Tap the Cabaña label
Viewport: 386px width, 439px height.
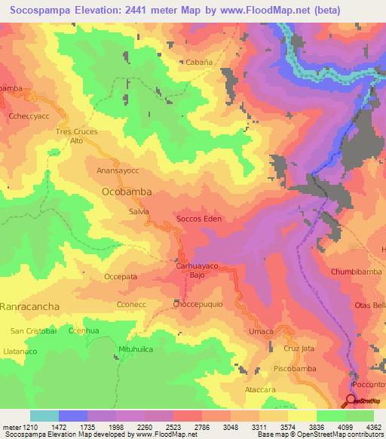pos(190,63)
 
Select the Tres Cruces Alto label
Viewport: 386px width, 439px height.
pos(76,136)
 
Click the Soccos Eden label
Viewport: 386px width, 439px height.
pos(197,219)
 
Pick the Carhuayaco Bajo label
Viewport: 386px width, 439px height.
pos(196,271)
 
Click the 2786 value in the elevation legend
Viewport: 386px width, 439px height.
pos(202,427)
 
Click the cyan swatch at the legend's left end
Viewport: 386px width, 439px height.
pos(44,416)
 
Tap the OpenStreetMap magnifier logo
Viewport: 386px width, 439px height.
pos(351,401)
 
